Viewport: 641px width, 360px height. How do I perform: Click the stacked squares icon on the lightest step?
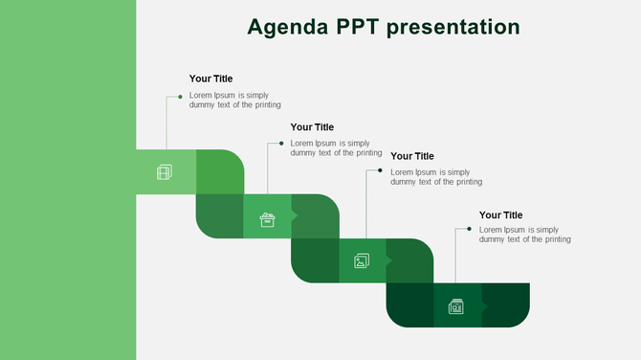[165, 172]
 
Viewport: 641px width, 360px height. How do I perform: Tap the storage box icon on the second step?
[268, 220]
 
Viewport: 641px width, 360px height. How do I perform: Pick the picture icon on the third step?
[362, 260]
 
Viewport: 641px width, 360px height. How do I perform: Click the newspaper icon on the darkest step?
[456, 306]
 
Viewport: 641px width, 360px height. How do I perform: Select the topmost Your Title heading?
[210, 79]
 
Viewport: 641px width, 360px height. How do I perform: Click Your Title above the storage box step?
[312, 126]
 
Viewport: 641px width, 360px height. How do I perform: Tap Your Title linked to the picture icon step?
[412, 156]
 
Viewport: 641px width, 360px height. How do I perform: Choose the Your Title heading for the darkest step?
[501, 215]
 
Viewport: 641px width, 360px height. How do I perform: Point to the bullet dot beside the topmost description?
[180, 97]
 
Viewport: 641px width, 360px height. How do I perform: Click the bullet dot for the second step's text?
[281, 144]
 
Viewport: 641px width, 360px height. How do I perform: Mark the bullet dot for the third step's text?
[381, 171]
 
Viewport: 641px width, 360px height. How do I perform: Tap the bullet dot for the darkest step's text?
[470, 230]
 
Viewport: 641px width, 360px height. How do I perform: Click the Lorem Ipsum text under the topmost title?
[234, 100]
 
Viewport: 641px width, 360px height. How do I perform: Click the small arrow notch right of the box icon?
[294, 216]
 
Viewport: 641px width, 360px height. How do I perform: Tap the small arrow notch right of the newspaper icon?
[484, 306]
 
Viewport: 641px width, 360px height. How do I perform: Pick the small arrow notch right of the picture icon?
[388, 260]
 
